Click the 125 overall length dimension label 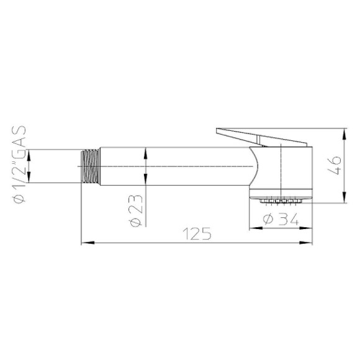[x=197, y=234]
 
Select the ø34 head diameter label [x=281, y=218]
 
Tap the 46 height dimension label [x=335, y=165]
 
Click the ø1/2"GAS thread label [x=19, y=164]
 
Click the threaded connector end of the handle [x=91, y=166]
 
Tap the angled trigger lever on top [x=261, y=137]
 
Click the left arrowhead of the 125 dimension [x=88, y=243]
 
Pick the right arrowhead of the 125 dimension [x=306, y=243]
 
